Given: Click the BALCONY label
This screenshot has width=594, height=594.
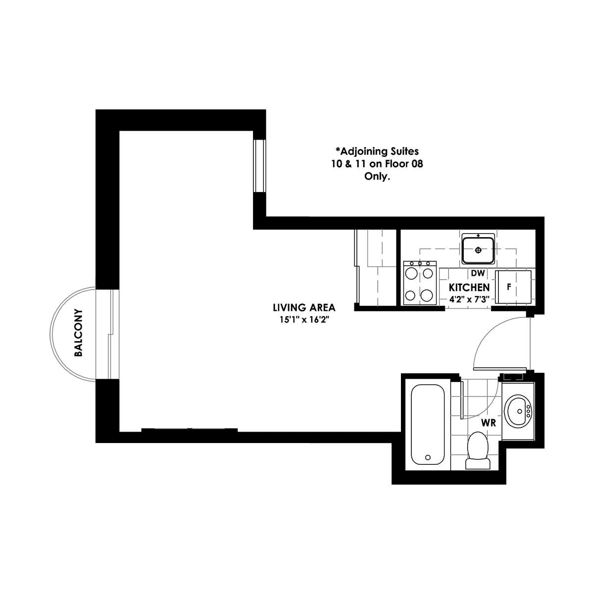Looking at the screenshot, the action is click(x=79, y=333).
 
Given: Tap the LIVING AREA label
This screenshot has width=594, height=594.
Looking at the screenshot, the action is click(x=304, y=307).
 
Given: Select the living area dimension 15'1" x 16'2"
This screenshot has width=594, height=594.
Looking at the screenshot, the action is click(x=304, y=320).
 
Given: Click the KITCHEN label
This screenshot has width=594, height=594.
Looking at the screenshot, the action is click(x=469, y=288).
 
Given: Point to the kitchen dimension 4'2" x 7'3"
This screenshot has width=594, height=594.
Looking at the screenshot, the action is click(x=469, y=299).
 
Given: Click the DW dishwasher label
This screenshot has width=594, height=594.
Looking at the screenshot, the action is click(x=478, y=273).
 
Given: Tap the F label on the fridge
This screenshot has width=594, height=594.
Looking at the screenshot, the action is click(x=509, y=287).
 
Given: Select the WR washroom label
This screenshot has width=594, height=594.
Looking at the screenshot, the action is click(x=489, y=423).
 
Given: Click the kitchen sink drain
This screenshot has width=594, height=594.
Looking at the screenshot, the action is click(x=478, y=250).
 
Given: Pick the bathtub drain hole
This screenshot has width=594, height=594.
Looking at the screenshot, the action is click(x=428, y=457).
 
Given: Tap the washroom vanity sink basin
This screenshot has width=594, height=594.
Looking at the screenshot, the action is click(x=518, y=412).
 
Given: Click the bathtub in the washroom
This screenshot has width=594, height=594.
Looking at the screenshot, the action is click(x=428, y=424).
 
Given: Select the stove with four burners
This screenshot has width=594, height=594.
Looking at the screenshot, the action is click(x=420, y=283).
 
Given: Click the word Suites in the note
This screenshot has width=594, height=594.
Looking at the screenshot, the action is click(x=405, y=151).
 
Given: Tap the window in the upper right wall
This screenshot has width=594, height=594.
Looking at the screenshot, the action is click(x=259, y=166).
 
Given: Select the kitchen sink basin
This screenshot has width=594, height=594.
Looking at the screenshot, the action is click(x=478, y=250).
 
